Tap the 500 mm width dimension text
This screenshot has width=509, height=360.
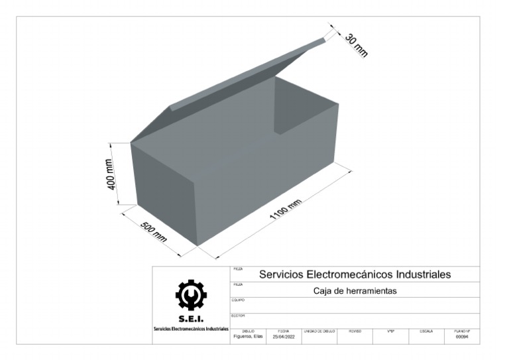click(154, 233)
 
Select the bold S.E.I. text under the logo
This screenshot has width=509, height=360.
click(191, 320)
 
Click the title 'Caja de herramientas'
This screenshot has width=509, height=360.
click(355, 290)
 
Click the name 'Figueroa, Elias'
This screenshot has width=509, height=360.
click(249, 336)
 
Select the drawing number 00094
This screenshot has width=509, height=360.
click(462, 336)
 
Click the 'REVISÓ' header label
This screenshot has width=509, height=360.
click(355, 330)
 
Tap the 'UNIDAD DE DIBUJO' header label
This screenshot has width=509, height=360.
click(319, 330)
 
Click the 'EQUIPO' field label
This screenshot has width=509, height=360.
click(238, 300)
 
